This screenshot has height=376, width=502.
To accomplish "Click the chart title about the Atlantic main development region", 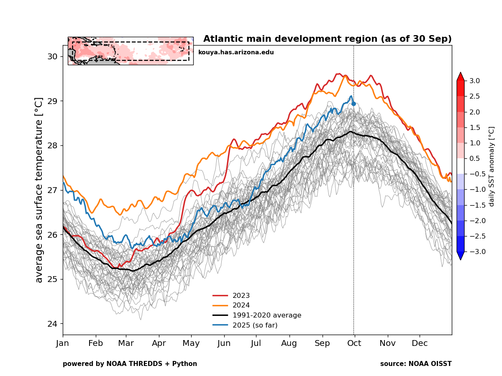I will point(327,39).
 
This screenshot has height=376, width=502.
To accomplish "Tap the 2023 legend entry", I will point(241,296).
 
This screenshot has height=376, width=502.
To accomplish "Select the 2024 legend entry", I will point(241,305).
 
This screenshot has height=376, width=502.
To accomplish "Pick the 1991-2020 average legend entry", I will point(266,315).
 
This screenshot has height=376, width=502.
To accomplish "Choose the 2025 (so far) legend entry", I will point(255,325).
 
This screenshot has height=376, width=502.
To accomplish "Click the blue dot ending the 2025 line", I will point(353,104).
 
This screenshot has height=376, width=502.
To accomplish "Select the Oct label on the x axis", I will point(354,343).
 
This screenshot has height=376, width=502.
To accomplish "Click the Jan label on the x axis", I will point(63,343).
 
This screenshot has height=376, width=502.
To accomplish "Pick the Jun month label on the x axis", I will point(224,343).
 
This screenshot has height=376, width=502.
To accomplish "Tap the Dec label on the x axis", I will point(420,343).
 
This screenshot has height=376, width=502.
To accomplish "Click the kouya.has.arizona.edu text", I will point(236,52).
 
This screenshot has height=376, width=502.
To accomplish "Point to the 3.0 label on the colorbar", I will point(474,81).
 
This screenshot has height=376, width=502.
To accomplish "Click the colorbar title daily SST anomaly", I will point(492,166).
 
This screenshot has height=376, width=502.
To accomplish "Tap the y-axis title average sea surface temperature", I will point(39,190).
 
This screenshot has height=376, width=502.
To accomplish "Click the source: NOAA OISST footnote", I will point(416,364).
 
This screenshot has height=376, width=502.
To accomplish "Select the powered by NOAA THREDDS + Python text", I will point(130,364).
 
